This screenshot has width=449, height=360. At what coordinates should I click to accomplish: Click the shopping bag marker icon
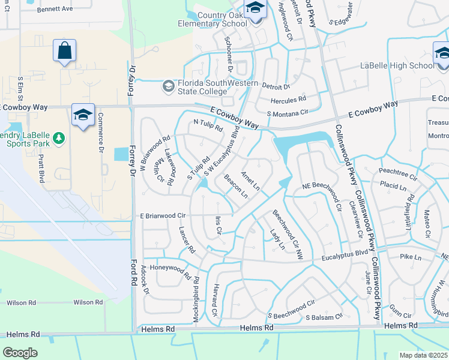(64, 52)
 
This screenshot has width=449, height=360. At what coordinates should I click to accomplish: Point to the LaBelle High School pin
(442, 53)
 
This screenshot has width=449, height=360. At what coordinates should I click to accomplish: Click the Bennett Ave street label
(55, 9)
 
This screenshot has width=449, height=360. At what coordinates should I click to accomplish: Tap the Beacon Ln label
(235, 187)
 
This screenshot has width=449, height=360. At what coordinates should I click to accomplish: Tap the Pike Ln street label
(411, 256)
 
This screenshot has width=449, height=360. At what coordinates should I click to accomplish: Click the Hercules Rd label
(288, 98)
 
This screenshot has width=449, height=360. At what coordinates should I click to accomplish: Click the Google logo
(20, 352)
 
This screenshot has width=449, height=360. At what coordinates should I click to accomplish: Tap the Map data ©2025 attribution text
(424, 355)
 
